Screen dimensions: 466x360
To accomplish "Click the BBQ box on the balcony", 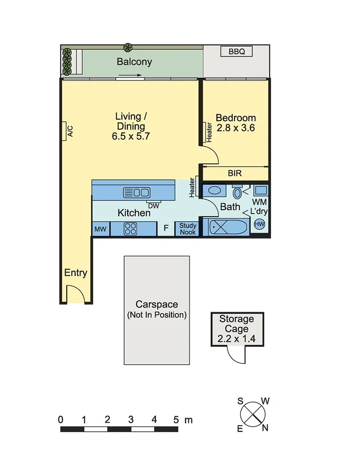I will [236, 52].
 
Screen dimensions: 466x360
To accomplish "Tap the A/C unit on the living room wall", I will [68, 130].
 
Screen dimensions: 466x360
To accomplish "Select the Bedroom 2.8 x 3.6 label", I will [235, 123].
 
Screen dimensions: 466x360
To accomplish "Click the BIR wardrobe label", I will [235, 173].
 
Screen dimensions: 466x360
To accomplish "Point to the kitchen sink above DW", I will [137, 192].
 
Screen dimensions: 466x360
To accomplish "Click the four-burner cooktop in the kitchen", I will [131, 229].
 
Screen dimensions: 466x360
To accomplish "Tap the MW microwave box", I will [101, 229].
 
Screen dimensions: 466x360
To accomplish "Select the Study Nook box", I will [188, 229].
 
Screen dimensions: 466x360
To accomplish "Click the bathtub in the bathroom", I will [229, 228].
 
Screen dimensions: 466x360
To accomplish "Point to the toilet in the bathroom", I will [237, 193].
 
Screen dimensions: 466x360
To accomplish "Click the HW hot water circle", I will [260, 224].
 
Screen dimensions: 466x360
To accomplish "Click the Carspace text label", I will [156, 305].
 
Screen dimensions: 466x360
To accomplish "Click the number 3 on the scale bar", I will [131, 419].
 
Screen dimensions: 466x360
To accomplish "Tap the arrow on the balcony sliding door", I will [131, 76].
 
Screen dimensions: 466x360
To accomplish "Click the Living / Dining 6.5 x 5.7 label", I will [131, 126].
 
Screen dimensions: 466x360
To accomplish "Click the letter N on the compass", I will [265, 428].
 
